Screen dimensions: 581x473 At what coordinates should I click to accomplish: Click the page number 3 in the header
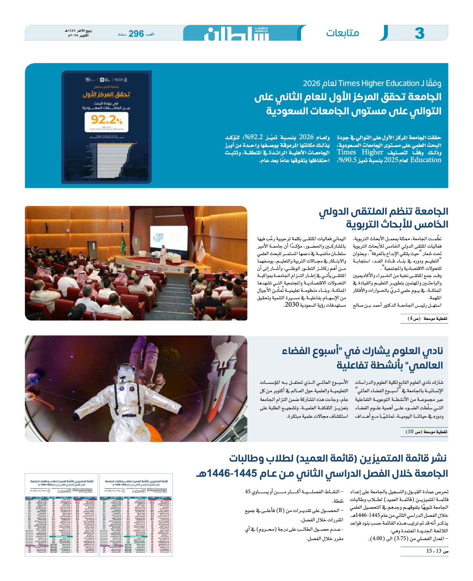point(419,33)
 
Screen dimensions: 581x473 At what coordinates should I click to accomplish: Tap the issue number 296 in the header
point(136,34)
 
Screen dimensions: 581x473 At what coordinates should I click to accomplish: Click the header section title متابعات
point(342,33)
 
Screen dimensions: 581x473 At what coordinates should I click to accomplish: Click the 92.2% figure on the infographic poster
point(106,120)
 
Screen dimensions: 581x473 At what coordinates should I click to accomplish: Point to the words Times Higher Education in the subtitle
point(378,83)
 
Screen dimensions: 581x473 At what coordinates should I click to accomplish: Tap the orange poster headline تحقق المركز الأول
point(106,94)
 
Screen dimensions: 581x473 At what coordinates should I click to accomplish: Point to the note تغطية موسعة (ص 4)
point(428,319)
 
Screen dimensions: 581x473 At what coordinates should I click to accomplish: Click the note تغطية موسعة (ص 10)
point(426,432)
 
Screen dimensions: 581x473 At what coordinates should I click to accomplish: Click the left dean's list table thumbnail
point(61,515)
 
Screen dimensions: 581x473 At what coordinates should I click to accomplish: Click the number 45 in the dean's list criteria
point(248,492)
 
